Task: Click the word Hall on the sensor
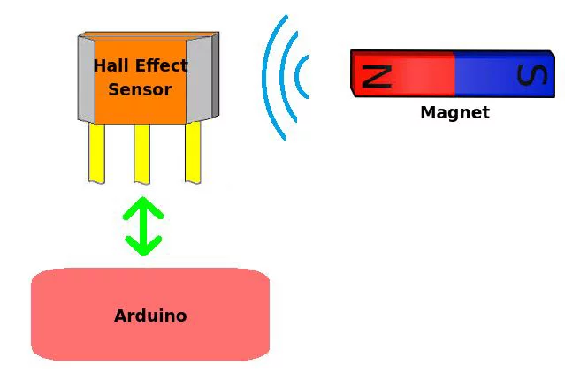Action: point(111,65)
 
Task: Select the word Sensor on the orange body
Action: point(140,89)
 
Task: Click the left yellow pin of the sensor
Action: point(97,154)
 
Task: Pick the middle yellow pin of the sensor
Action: point(142,154)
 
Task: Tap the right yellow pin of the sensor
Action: point(193,153)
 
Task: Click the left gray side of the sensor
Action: point(87,80)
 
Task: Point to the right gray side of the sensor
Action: point(202,78)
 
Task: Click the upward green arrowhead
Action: point(143,208)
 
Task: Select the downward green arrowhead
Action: point(143,246)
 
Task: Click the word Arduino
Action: point(150,316)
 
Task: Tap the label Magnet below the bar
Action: point(455,112)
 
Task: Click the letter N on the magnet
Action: point(377,76)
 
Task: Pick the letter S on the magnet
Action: point(532,75)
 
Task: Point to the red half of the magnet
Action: point(403,74)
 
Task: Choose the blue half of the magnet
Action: point(505,74)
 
